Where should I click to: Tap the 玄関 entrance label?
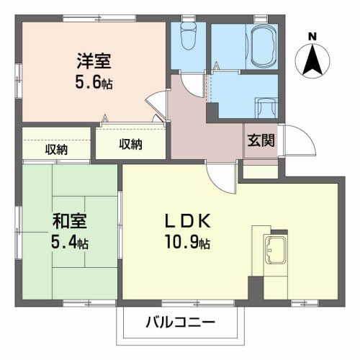click(x=261, y=140)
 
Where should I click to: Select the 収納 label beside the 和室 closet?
click(x=56, y=150)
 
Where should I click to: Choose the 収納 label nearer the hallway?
click(x=130, y=144)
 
